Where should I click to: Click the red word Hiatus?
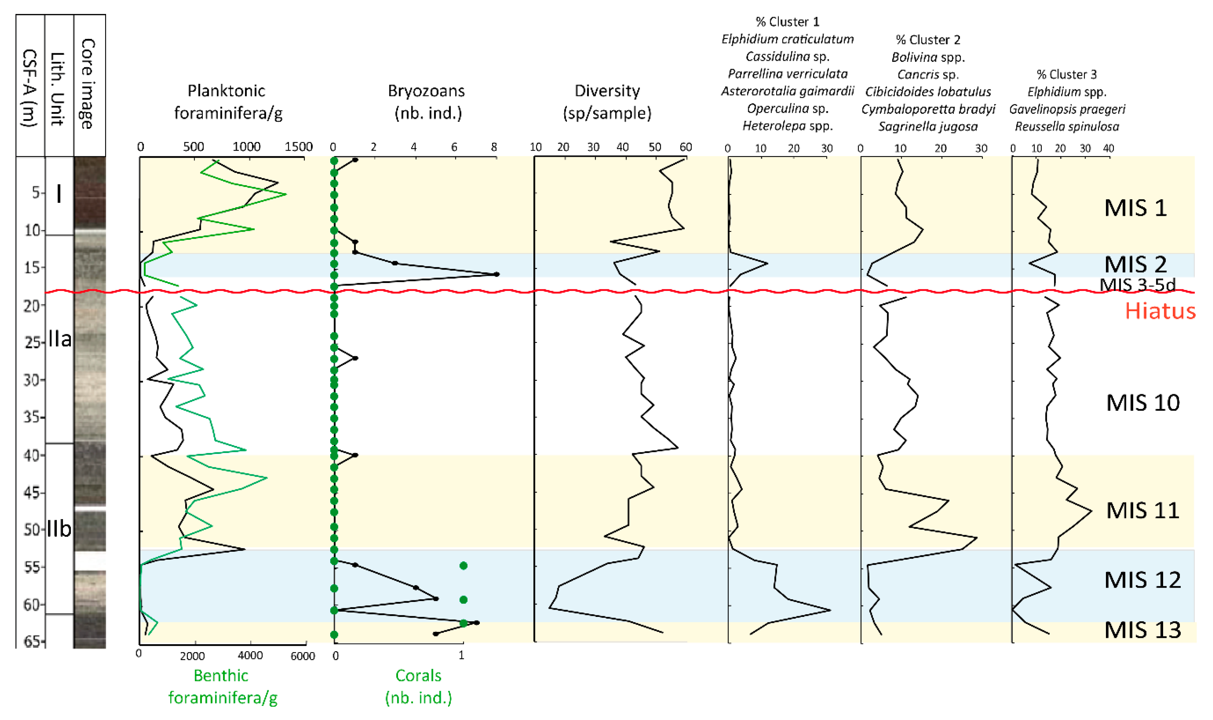point(1160,311)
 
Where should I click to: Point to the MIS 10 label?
point(1142,403)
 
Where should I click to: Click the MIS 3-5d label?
point(1137,284)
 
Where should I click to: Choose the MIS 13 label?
point(1142,630)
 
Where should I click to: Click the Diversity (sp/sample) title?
point(607,102)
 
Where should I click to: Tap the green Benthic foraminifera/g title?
point(223,686)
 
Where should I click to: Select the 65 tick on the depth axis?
point(32,642)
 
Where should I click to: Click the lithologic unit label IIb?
point(59,528)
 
